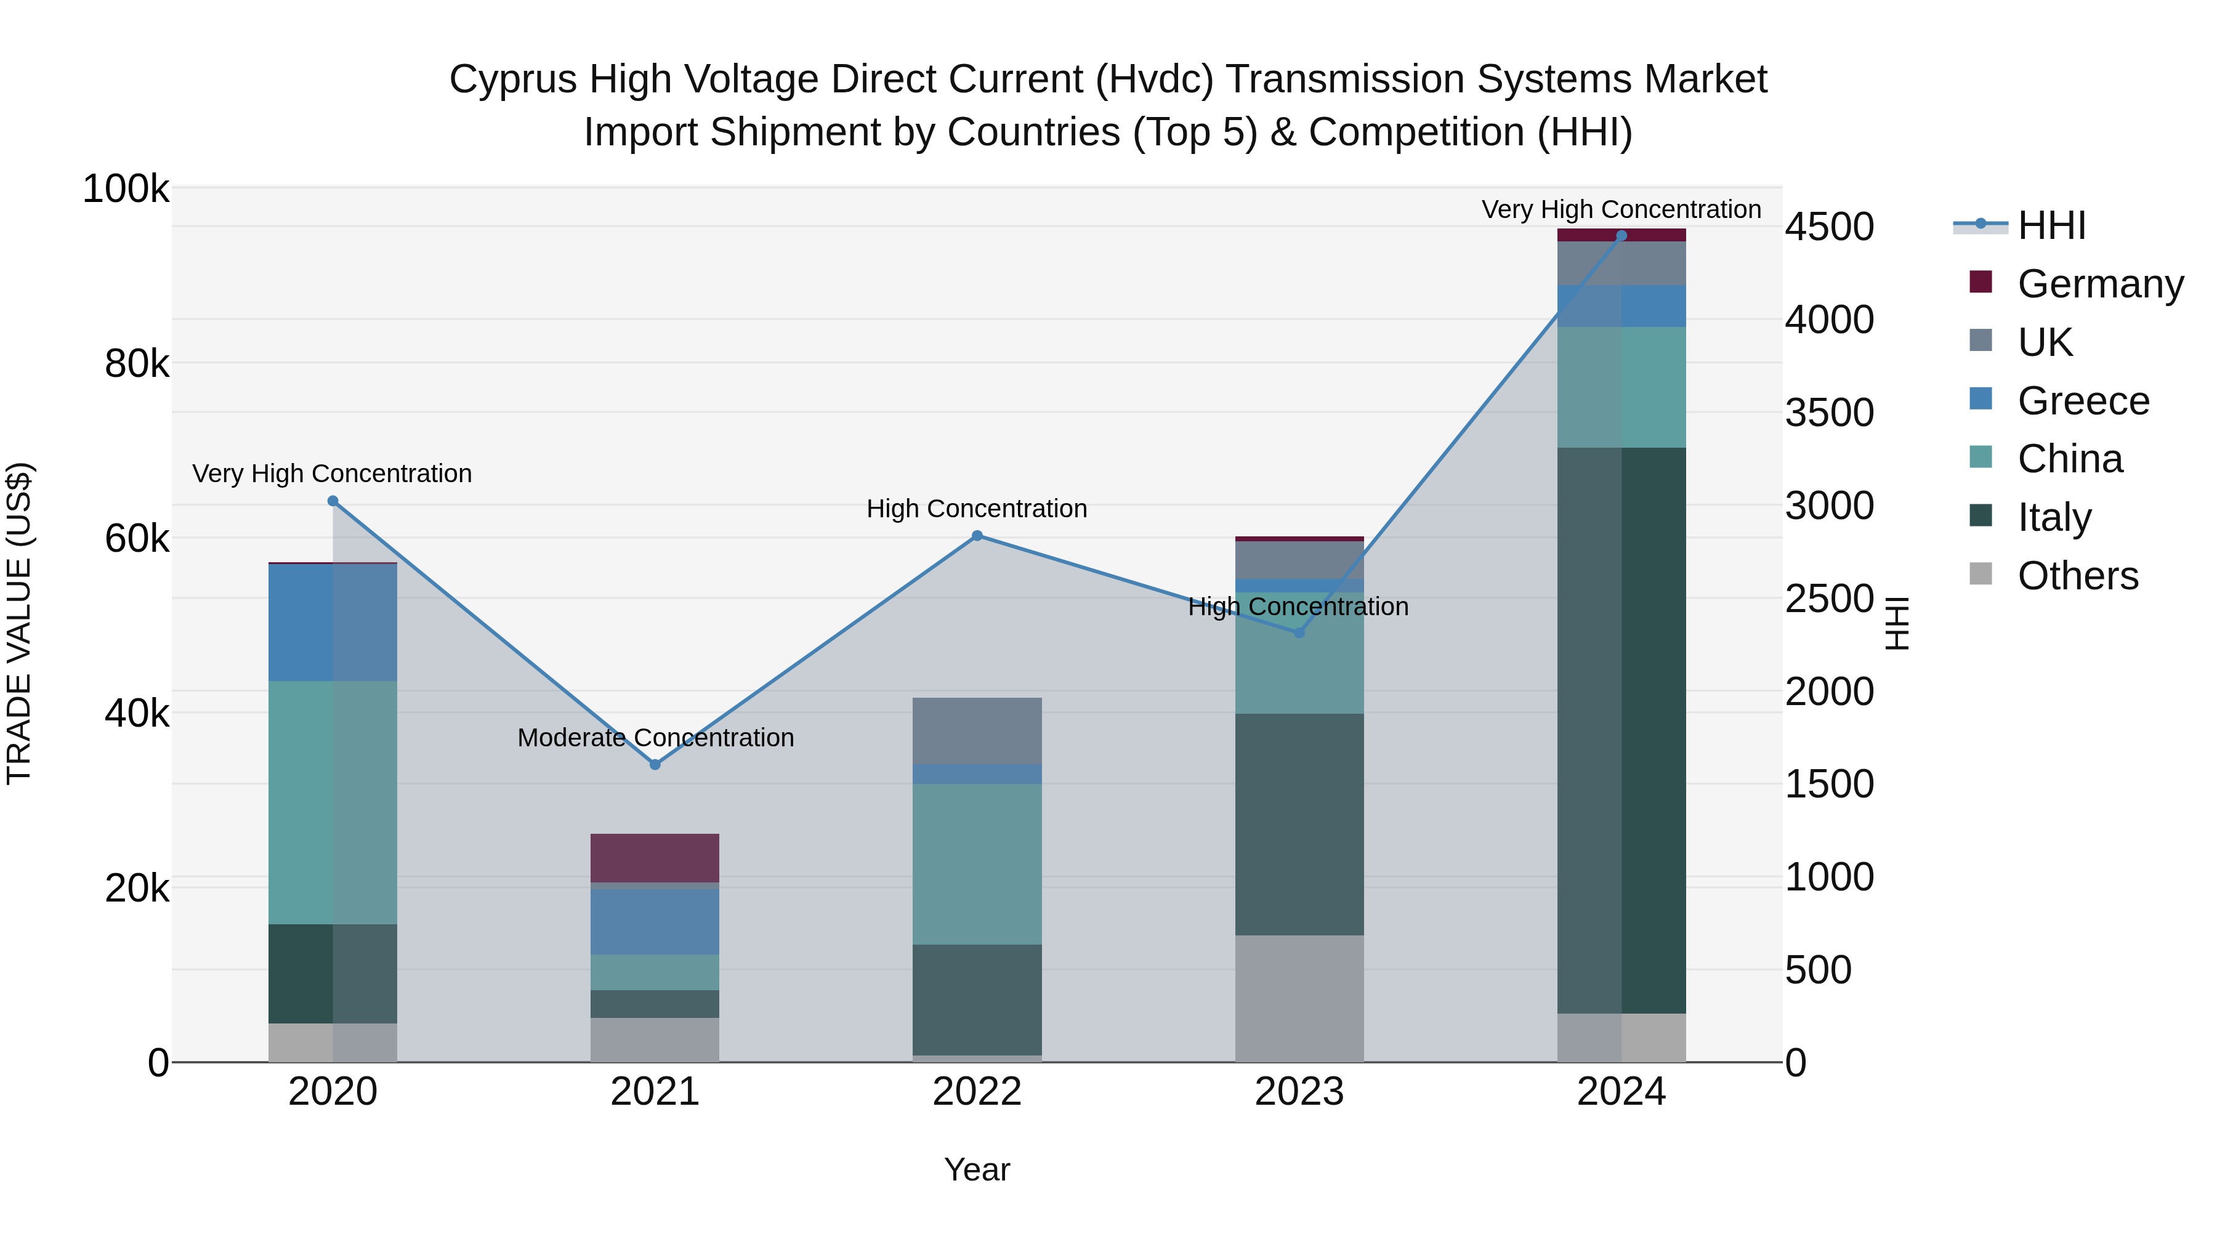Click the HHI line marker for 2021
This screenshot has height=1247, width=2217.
click(655, 764)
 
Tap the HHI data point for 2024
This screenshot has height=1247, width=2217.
click(1621, 236)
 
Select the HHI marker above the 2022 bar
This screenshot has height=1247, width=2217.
click(977, 535)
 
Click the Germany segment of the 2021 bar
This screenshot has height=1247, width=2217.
click(655, 857)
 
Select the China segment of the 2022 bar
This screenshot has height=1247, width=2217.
click(977, 863)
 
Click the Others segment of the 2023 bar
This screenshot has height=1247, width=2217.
click(1299, 998)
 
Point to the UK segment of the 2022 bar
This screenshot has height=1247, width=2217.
click(977, 730)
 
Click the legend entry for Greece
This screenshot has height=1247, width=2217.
click(2083, 401)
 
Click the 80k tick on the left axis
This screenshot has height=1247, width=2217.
click(136, 364)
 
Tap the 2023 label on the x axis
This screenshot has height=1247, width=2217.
click(1299, 1092)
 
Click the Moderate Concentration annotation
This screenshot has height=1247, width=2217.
click(655, 738)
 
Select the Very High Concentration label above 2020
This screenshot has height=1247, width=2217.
click(332, 474)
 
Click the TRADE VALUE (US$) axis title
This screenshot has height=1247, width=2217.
click(19, 623)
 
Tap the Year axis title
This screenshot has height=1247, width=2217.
click(977, 1169)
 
